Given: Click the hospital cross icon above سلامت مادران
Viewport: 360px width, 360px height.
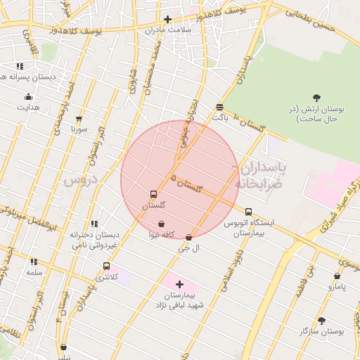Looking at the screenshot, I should point(167,20).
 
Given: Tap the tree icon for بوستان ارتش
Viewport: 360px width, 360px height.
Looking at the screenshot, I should point(316,98).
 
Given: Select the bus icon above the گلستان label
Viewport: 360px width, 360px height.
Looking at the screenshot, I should point(153,194).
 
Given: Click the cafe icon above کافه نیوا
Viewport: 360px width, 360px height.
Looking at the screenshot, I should point(162,224).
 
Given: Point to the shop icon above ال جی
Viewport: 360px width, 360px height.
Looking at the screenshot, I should point(188,237).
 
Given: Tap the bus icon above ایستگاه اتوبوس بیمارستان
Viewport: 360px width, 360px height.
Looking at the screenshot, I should point(248,211).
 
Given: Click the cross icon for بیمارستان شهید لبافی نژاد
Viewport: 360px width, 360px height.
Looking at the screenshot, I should point(180,285).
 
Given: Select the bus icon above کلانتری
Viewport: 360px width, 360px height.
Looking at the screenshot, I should point(106,266).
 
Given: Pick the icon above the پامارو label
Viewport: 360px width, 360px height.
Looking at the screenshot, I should point(337,276).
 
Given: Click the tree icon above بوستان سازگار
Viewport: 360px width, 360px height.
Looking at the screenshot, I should point(321,320).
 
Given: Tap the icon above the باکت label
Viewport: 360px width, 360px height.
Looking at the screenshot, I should point(220,107).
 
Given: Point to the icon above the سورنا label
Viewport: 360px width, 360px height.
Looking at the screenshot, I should point(78,119).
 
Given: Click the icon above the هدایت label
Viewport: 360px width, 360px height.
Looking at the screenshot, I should point(29,96).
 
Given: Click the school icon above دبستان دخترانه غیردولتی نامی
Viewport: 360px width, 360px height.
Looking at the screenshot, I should point(94,224).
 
